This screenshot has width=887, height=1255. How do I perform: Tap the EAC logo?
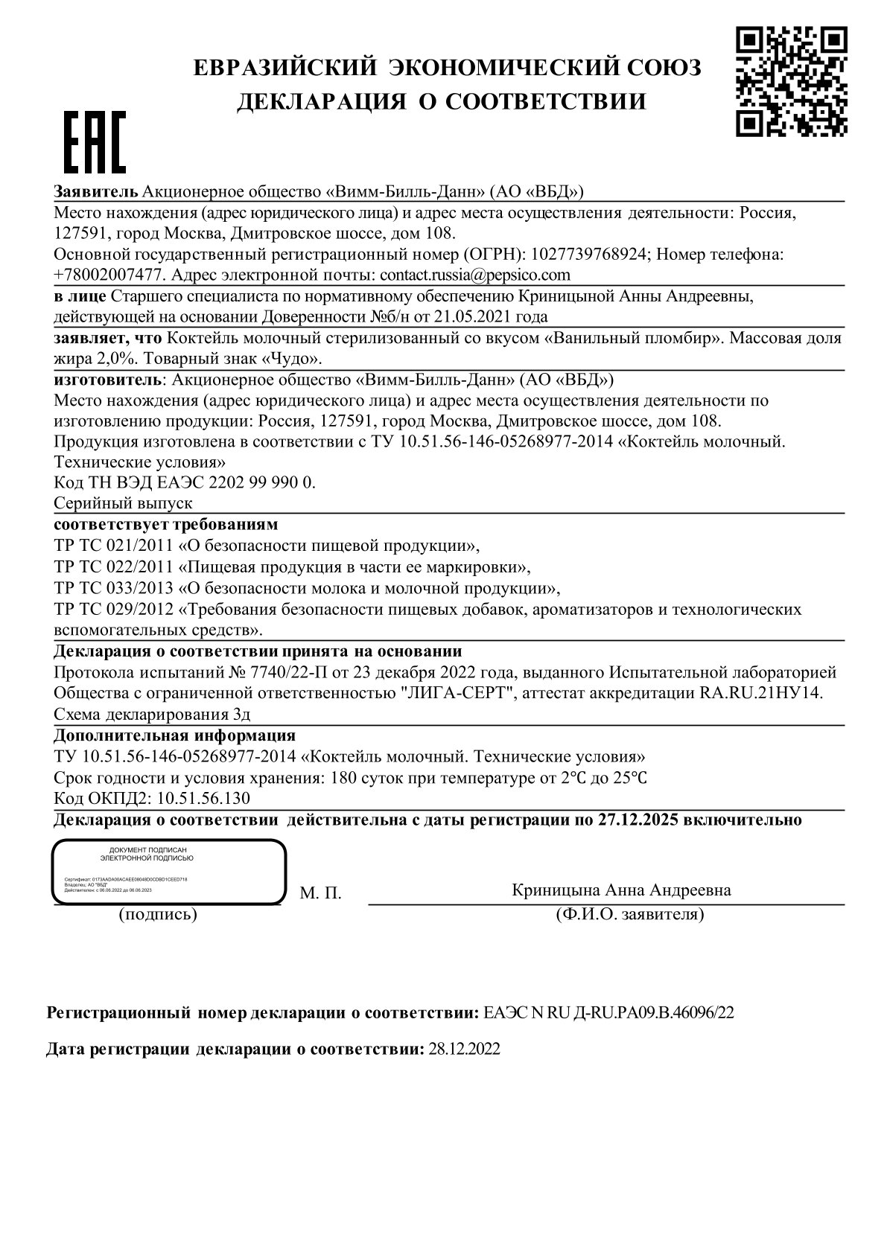93,142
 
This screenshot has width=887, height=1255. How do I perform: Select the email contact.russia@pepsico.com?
474,275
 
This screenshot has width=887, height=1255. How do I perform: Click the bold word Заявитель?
96,191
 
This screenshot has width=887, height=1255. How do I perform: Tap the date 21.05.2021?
462,316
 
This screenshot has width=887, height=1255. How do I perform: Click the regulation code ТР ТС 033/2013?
113,588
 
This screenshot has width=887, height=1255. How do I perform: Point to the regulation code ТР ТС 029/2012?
113,609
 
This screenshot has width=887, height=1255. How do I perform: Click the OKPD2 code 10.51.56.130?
204,799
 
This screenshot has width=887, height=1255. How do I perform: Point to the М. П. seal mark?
320,893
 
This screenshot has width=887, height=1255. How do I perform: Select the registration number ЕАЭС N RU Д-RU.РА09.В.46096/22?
608,1013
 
